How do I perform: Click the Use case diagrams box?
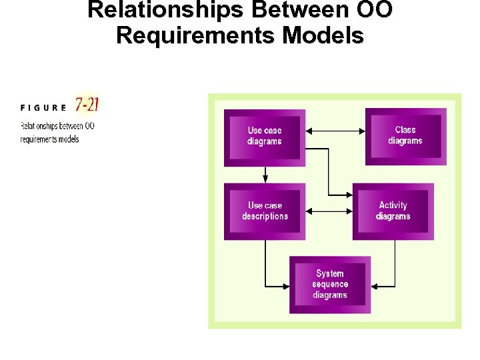[265, 137]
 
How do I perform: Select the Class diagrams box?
[405, 136]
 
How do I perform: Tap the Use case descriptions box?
[265, 211]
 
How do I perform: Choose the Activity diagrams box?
[393, 211]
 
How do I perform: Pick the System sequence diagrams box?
[330, 285]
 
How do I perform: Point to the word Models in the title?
[323, 35]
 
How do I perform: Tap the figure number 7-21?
[87, 104]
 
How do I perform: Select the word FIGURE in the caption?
[43, 107]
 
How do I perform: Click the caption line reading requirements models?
[49, 139]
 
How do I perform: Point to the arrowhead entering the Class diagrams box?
[362, 131]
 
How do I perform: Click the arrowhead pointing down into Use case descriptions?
[265, 179]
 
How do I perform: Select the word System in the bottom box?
[330, 273]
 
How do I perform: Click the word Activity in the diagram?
[393, 205]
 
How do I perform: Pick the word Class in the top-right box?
[405, 130]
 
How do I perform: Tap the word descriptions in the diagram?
[265, 217]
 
